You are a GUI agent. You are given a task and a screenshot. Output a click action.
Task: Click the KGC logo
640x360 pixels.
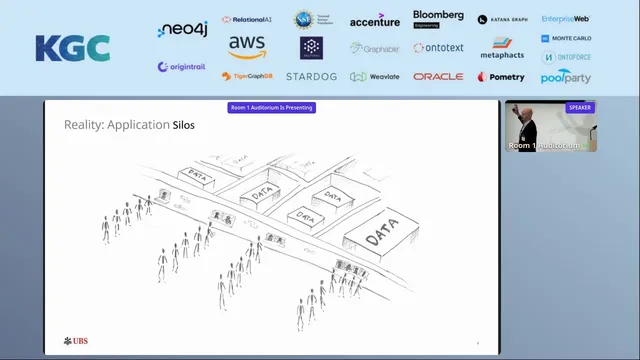click(72, 47)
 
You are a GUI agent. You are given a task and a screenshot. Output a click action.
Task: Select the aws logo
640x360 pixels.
click(247, 46)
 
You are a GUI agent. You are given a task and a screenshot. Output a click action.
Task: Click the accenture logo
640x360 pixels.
click(375, 20)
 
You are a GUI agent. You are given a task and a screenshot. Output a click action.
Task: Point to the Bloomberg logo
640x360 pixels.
click(438, 18)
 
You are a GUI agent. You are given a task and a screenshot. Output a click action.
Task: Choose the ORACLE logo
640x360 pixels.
click(438, 76)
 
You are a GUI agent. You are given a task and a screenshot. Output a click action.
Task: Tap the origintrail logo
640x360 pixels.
click(181, 67)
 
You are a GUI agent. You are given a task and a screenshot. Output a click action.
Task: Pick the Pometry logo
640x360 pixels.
click(501, 77)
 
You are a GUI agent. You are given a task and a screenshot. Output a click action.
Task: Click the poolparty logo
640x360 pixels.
click(566, 77)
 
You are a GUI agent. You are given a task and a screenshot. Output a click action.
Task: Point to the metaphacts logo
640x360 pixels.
click(502, 49)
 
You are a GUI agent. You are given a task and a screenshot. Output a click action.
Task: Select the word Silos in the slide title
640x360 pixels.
click(181, 126)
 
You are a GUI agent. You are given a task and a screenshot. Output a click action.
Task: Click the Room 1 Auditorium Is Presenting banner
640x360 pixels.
click(272, 108)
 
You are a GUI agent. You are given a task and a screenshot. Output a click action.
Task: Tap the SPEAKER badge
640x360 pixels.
click(580, 107)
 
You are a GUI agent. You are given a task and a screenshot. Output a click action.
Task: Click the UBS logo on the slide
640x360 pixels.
click(76, 341)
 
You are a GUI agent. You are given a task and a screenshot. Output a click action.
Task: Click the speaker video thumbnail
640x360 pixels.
click(550, 128)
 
